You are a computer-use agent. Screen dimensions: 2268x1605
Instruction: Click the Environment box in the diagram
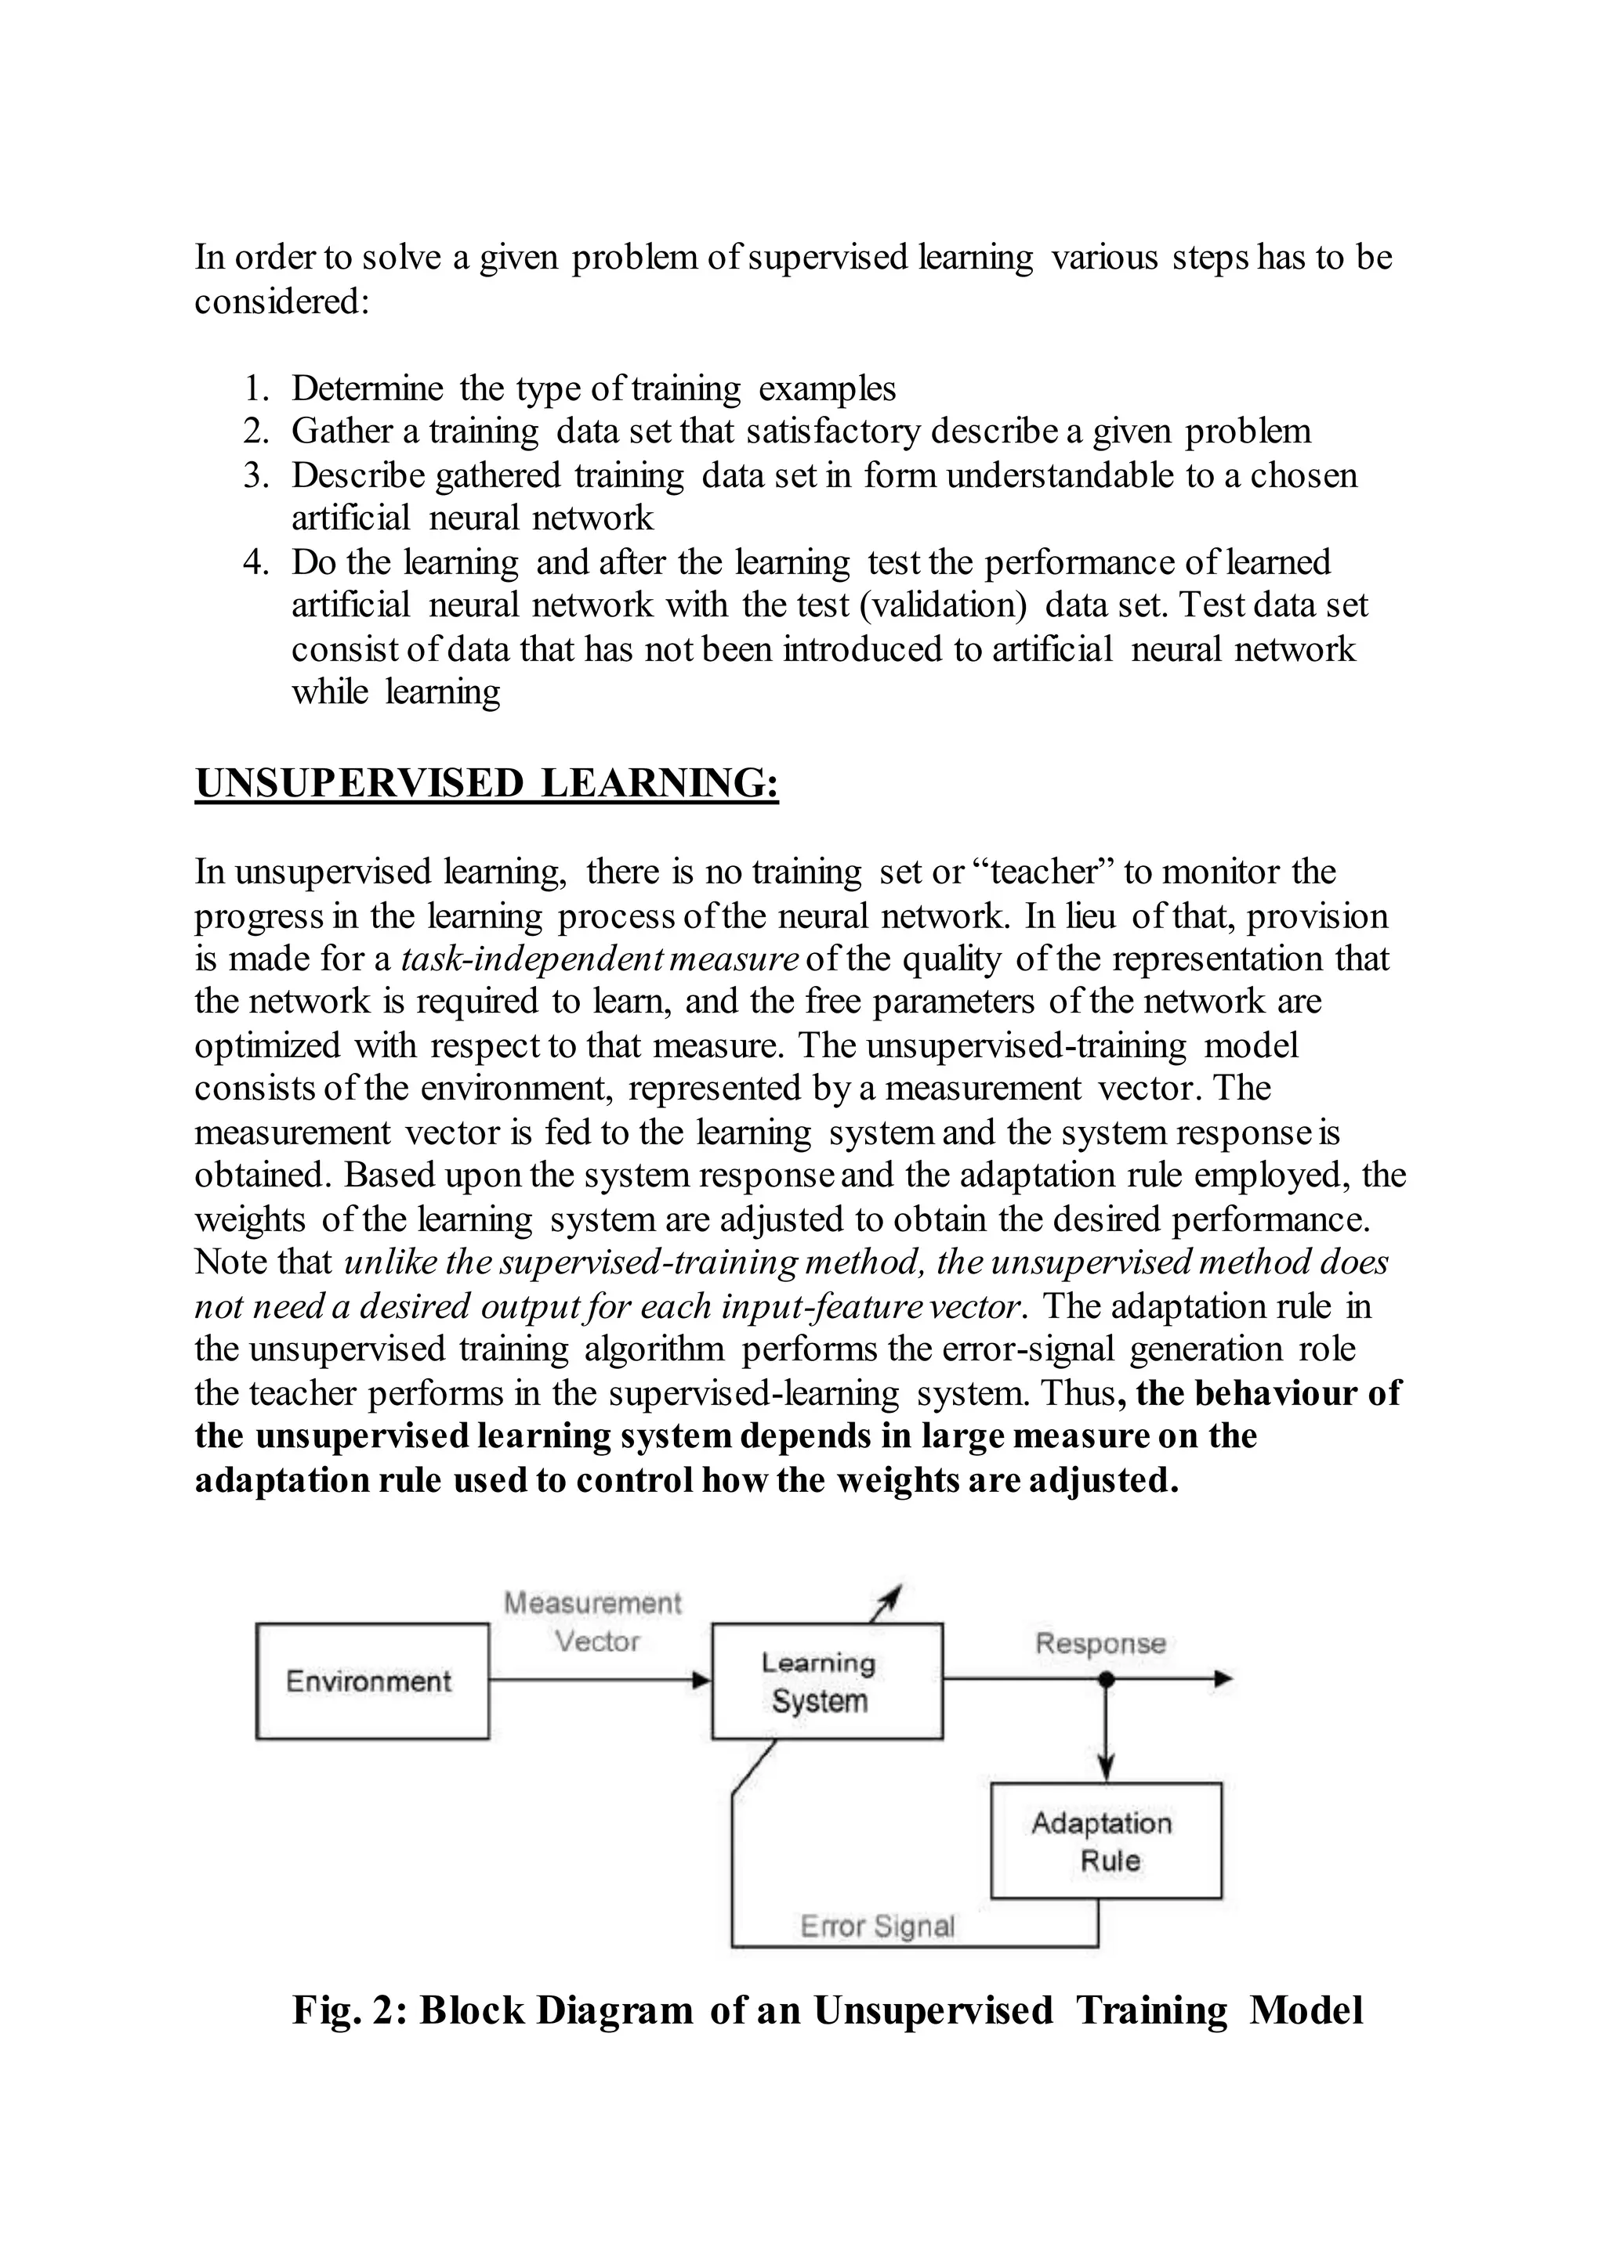(371, 1681)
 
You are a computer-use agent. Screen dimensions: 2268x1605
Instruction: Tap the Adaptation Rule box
(1106, 1841)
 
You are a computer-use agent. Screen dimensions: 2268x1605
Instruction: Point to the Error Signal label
(877, 1925)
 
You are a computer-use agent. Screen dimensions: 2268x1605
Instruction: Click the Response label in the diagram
(1100, 1643)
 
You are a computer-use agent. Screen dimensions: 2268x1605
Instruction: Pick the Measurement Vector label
(593, 1621)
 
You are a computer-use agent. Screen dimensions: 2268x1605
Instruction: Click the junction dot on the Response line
(1106, 1678)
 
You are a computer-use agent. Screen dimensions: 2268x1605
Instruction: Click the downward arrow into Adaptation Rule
(1106, 1739)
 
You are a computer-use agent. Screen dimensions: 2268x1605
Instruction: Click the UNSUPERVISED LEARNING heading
(486, 783)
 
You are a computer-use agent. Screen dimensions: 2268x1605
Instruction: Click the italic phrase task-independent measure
(599, 958)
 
